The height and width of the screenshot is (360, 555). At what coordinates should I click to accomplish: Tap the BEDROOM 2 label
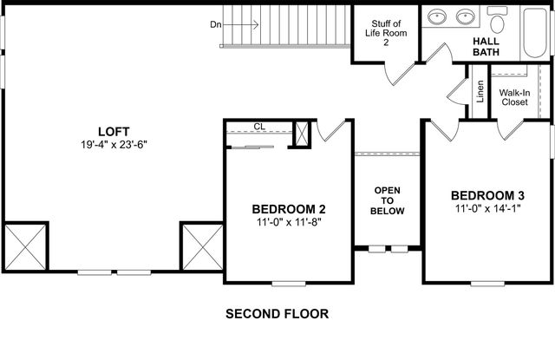(x=289, y=209)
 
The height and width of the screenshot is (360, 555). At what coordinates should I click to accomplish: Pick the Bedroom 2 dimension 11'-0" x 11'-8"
(x=289, y=224)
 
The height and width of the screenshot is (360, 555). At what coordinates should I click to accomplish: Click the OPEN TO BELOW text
(x=387, y=200)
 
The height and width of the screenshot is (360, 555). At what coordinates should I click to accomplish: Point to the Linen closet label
(x=480, y=90)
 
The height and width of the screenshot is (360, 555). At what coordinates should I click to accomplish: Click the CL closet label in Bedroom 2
(x=259, y=127)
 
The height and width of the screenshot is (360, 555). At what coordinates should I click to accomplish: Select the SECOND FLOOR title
(x=277, y=313)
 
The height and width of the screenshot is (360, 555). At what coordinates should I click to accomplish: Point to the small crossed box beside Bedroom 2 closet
(x=302, y=134)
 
